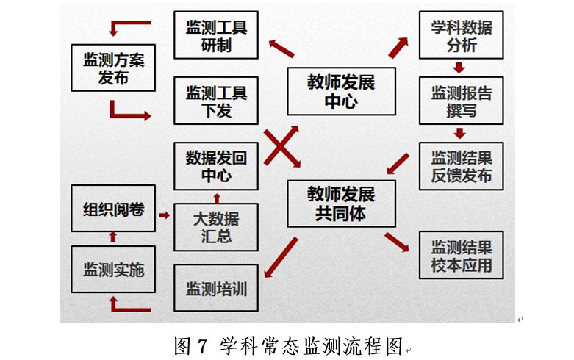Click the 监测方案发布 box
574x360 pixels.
(x=113, y=68)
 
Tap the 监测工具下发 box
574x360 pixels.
(x=216, y=101)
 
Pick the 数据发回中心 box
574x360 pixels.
(x=216, y=167)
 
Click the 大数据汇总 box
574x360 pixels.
(x=216, y=226)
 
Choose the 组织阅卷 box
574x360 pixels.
(x=113, y=209)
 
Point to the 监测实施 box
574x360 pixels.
(x=113, y=269)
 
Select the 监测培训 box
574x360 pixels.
(x=216, y=287)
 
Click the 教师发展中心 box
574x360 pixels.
(x=341, y=91)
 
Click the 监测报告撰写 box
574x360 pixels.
(x=461, y=101)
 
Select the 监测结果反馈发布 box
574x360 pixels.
(x=461, y=167)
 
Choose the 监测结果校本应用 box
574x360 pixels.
(x=461, y=255)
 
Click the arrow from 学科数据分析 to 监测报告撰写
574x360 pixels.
(x=460, y=68)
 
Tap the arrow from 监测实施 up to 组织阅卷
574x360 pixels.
(x=112, y=237)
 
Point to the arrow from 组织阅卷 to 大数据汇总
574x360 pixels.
(x=164, y=215)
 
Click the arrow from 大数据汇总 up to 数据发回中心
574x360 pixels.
(x=216, y=197)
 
